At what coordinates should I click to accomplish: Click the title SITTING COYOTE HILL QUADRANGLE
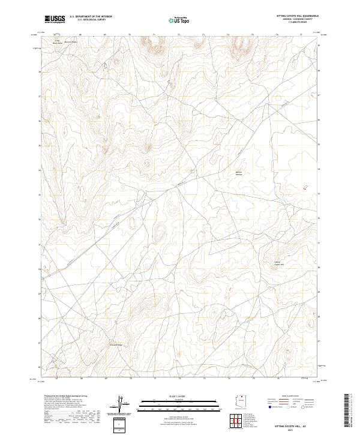pos(297,16)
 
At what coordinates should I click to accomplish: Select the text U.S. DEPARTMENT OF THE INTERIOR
pos(91,16)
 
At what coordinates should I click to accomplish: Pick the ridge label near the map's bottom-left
pos(115,344)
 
